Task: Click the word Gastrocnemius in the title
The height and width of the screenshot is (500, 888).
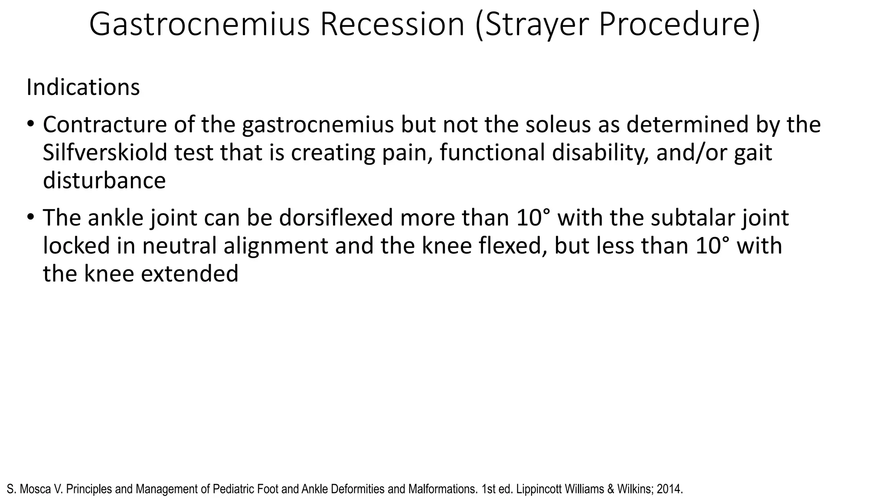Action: click(199, 25)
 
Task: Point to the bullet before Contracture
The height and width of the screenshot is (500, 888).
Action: click(30, 124)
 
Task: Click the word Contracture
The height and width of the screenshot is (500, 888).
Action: click(104, 125)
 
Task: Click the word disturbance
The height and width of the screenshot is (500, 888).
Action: click(104, 181)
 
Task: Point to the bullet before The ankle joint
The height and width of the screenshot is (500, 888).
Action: click(30, 217)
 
